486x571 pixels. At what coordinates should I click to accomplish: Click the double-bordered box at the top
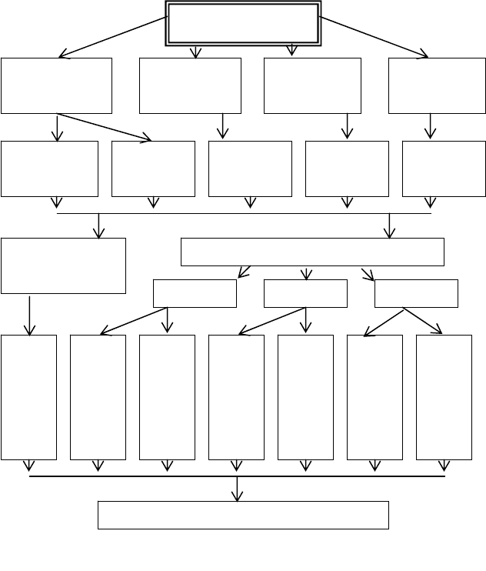242,24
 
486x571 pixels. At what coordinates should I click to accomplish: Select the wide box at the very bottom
243,515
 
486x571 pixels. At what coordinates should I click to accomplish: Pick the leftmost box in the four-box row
56,85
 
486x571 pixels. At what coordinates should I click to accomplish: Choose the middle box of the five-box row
250,169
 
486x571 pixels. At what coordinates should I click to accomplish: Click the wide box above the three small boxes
312,252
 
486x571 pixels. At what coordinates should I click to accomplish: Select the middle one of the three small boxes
305,293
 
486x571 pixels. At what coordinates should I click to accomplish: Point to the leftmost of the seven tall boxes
29,396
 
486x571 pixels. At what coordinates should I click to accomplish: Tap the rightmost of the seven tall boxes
444,396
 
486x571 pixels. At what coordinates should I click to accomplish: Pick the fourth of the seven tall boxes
236,396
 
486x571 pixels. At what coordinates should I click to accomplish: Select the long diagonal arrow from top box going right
374,36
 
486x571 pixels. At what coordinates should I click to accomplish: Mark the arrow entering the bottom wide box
237,489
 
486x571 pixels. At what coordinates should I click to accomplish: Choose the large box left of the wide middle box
63,265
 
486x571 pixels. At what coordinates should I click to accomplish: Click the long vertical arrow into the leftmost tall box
30,314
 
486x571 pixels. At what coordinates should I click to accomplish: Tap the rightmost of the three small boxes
416,293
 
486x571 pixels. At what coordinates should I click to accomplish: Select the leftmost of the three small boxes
195,293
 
